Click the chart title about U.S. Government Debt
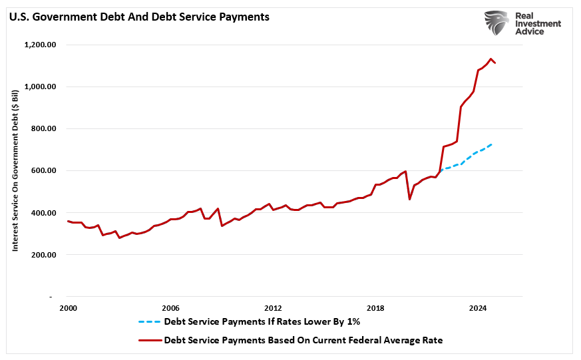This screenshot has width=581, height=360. pos(138,17)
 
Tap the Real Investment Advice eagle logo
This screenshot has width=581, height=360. pos(496,23)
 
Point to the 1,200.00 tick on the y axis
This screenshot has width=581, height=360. pos(40,45)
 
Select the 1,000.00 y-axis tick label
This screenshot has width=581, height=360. pos(40,87)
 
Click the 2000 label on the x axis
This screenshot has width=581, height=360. pos(68,308)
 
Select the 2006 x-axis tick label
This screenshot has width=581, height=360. pos(170,308)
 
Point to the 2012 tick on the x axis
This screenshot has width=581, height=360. pos(273,308)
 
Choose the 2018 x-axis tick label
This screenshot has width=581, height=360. pos(375,308)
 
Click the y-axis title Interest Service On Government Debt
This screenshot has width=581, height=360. pos(15,171)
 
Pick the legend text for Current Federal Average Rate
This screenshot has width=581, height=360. pos(303,340)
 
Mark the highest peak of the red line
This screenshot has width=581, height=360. pos(490,59)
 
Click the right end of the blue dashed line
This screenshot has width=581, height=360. pos(491,144)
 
